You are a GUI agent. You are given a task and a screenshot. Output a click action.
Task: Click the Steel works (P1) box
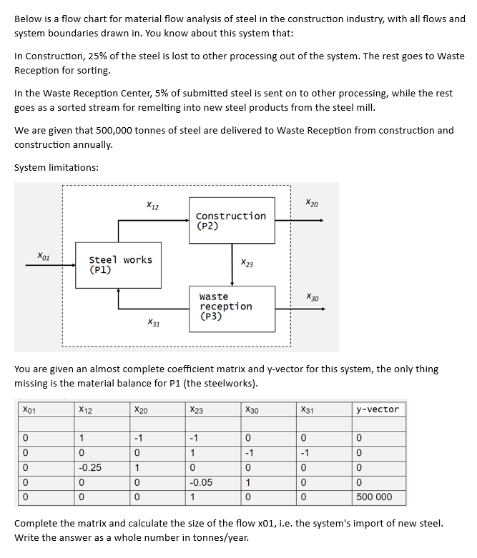pyautogui.click(x=119, y=265)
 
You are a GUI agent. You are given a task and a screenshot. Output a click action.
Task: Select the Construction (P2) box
pyautogui.click(x=231, y=221)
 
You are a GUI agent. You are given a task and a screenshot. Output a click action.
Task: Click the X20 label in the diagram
pyautogui.click(x=312, y=204)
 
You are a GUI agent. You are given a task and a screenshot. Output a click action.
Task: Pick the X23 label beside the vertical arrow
pyautogui.click(x=247, y=264)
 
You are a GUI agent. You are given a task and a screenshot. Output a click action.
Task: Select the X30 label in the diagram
pyautogui.click(x=313, y=297)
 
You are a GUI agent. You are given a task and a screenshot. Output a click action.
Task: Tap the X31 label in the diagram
pyautogui.click(x=153, y=323)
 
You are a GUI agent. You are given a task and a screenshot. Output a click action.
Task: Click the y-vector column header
pyautogui.click(x=378, y=409)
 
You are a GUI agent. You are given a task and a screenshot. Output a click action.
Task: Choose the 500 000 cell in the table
pyautogui.click(x=374, y=497)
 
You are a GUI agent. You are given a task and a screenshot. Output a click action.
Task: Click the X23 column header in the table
pyautogui.click(x=196, y=409)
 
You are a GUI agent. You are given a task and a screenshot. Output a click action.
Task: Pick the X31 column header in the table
pyautogui.click(x=308, y=409)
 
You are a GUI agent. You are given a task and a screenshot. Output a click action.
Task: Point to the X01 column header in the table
pyautogui.click(x=29, y=409)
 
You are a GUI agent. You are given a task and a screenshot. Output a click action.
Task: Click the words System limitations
pyautogui.click(x=56, y=167)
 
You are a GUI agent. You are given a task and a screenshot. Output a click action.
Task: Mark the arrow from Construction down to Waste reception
pyautogui.click(x=232, y=264)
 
